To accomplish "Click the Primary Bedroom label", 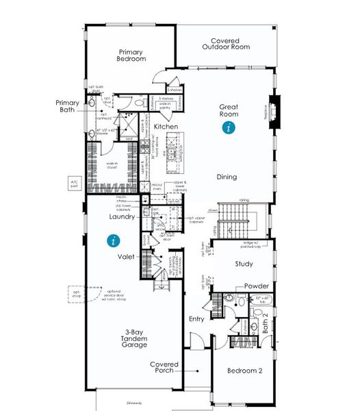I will (x=132, y=55).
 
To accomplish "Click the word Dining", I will (x=227, y=177).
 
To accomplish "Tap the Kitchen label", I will (x=166, y=127).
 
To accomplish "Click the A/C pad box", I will (x=75, y=183).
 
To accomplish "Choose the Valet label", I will (x=126, y=256).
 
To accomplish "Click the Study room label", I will (x=244, y=264).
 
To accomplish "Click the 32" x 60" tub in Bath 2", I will (x=263, y=300).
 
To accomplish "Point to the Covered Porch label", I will (x=165, y=368).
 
